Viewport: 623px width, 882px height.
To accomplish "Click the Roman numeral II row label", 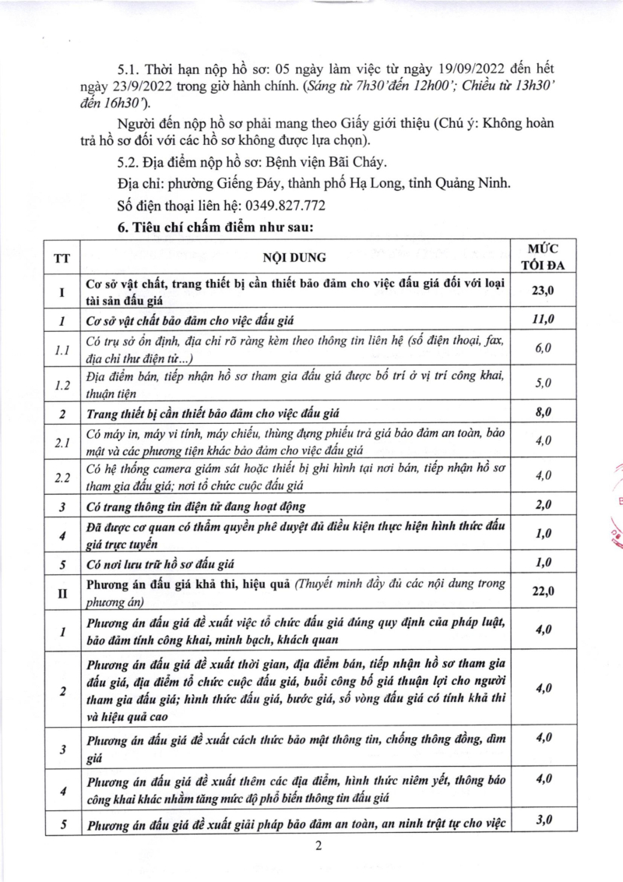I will point(61,594).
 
